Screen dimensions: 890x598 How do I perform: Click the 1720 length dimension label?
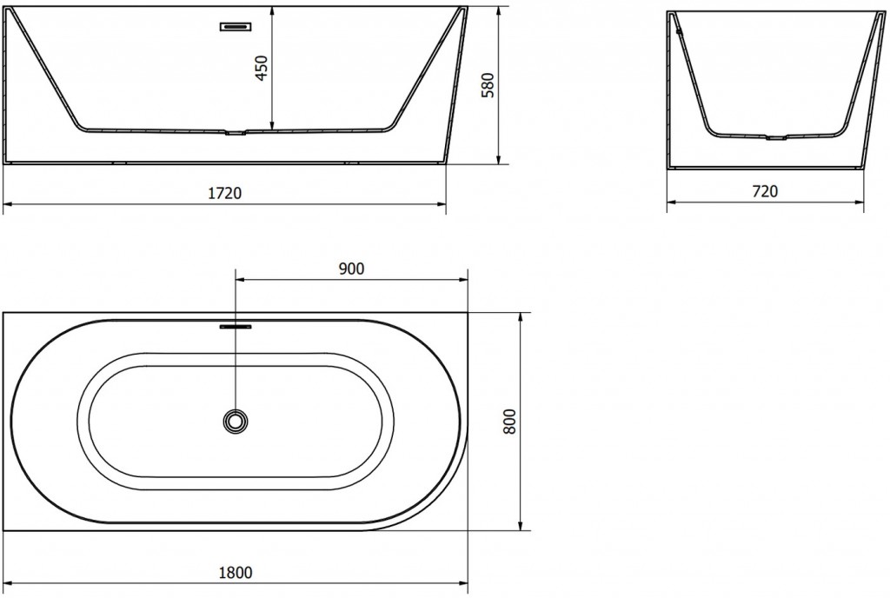pos(225,194)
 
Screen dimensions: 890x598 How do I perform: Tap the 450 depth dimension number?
pos(261,68)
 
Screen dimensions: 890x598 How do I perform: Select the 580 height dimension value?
pos(488,85)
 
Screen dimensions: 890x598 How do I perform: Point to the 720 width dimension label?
pos(765,191)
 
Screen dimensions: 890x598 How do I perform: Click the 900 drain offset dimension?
pos(351,269)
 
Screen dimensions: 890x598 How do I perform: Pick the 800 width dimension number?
pos(509,422)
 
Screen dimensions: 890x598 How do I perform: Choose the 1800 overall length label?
pos(236,573)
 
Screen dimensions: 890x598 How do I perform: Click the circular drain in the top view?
pos(236,421)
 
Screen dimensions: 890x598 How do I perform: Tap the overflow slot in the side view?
pos(236,27)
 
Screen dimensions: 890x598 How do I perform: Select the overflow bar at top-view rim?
pos(236,327)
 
